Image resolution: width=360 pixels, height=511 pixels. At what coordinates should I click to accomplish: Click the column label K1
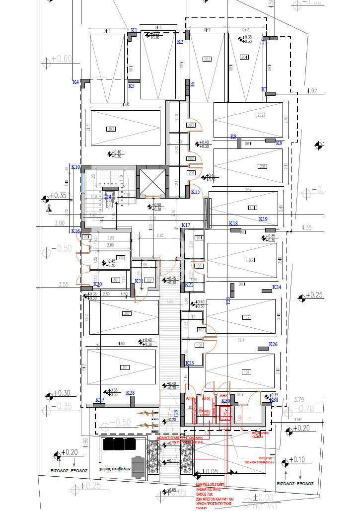click(x=134, y=31)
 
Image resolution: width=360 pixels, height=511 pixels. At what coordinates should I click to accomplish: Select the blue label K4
click(x=75, y=82)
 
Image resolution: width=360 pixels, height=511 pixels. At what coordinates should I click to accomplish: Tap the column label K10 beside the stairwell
click(x=75, y=167)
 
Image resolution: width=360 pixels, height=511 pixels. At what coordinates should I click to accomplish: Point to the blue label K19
click(x=263, y=219)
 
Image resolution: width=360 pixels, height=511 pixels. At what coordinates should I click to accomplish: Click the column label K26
click(x=273, y=344)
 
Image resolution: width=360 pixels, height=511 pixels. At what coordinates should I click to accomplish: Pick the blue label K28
click(x=131, y=393)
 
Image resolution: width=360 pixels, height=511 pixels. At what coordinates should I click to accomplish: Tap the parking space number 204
click(x=244, y=57)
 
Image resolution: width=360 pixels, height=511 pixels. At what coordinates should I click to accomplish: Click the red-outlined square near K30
click(x=226, y=412)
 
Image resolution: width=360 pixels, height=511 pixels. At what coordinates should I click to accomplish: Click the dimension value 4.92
click(x=312, y=91)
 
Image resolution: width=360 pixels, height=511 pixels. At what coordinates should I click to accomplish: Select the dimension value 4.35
click(x=306, y=228)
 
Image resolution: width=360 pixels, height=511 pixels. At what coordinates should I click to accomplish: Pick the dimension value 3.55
click(x=63, y=285)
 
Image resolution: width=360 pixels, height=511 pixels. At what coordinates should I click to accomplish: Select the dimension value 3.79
click(x=298, y=399)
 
